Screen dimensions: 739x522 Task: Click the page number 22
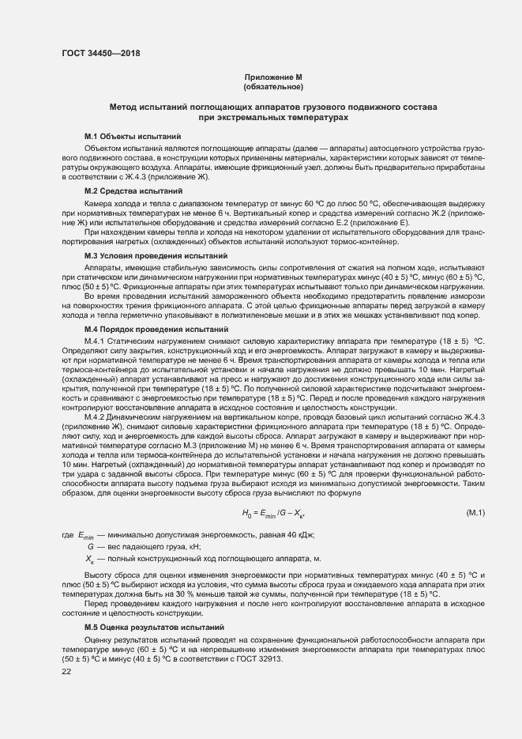point(66,672)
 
